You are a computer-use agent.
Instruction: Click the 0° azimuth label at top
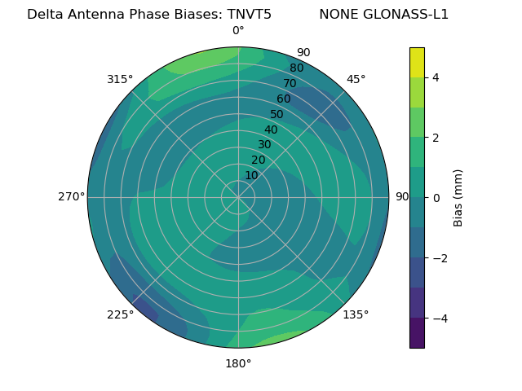click(x=238, y=31)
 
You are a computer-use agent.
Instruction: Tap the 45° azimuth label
click(x=356, y=79)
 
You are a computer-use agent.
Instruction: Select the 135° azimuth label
click(x=356, y=314)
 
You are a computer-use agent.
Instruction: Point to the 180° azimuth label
click(x=238, y=363)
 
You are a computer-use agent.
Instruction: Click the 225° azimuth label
click(x=120, y=314)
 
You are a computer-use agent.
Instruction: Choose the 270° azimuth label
click(x=71, y=196)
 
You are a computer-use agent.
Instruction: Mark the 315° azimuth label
click(x=120, y=79)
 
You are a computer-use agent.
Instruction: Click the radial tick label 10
click(x=252, y=175)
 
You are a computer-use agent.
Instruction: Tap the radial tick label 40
click(x=271, y=130)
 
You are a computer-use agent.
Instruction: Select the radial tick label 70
click(x=290, y=83)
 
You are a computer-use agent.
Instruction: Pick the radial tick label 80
click(x=296, y=68)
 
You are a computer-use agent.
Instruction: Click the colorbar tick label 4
click(x=436, y=77)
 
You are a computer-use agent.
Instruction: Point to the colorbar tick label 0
click(x=436, y=198)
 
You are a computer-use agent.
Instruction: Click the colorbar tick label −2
click(x=439, y=258)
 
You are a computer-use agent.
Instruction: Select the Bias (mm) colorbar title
click(x=458, y=198)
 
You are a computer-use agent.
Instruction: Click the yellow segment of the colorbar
click(x=417, y=62)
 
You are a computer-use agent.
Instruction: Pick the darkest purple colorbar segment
click(x=417, y=333)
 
